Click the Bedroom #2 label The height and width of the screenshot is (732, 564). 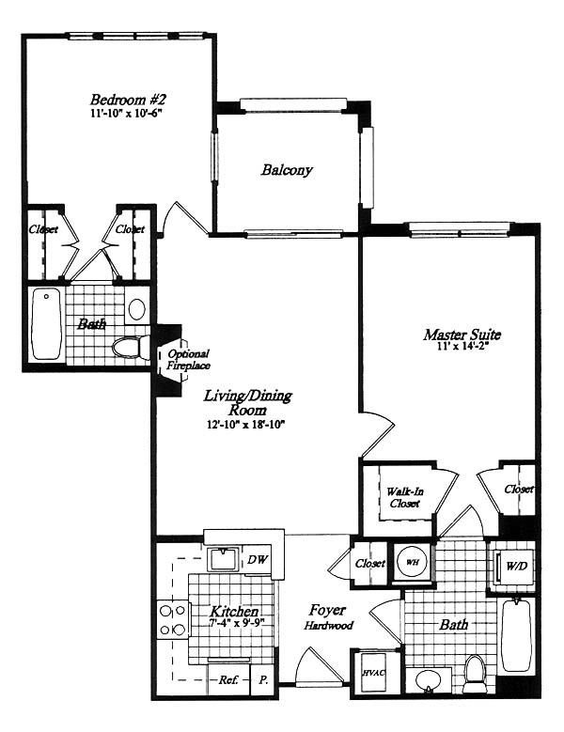click(x=128, y=100)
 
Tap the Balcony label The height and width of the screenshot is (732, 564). click(x=287, y=170)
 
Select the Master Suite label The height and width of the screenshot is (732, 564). click(x=462, y=335)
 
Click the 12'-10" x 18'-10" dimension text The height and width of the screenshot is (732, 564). click(x=245, y=425)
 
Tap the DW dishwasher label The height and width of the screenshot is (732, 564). click(x=258, y=559)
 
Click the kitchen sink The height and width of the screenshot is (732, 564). click(x=223, y=559)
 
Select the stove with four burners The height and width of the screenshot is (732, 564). click(x=172, y=620)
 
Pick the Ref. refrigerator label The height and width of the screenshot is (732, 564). click(x=228, y=679)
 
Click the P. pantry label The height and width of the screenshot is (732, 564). click(x=264, y=679)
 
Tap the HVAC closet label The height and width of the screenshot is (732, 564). click(x=374, y=673)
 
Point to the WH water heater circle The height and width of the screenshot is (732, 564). click(x=412, y=562)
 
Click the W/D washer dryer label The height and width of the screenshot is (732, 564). click(x=517, y=566)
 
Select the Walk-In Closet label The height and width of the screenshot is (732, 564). click(x=405, y=498)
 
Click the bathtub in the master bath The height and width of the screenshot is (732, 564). click(x=516, y=635)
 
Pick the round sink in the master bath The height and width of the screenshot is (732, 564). click(x=428, y=680)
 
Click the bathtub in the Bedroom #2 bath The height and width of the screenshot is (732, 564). click(x=46, y=323)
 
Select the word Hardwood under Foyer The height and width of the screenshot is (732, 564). click(x=329, y=626)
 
